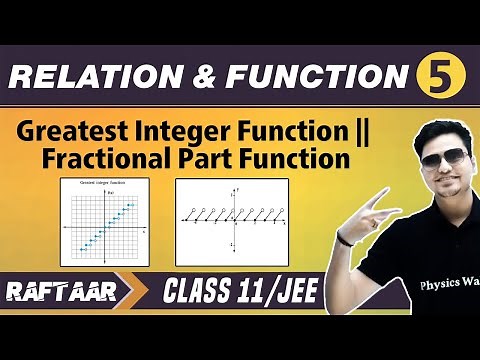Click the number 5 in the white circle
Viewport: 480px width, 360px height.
[437, 77]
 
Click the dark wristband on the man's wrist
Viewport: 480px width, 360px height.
[346, 238]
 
